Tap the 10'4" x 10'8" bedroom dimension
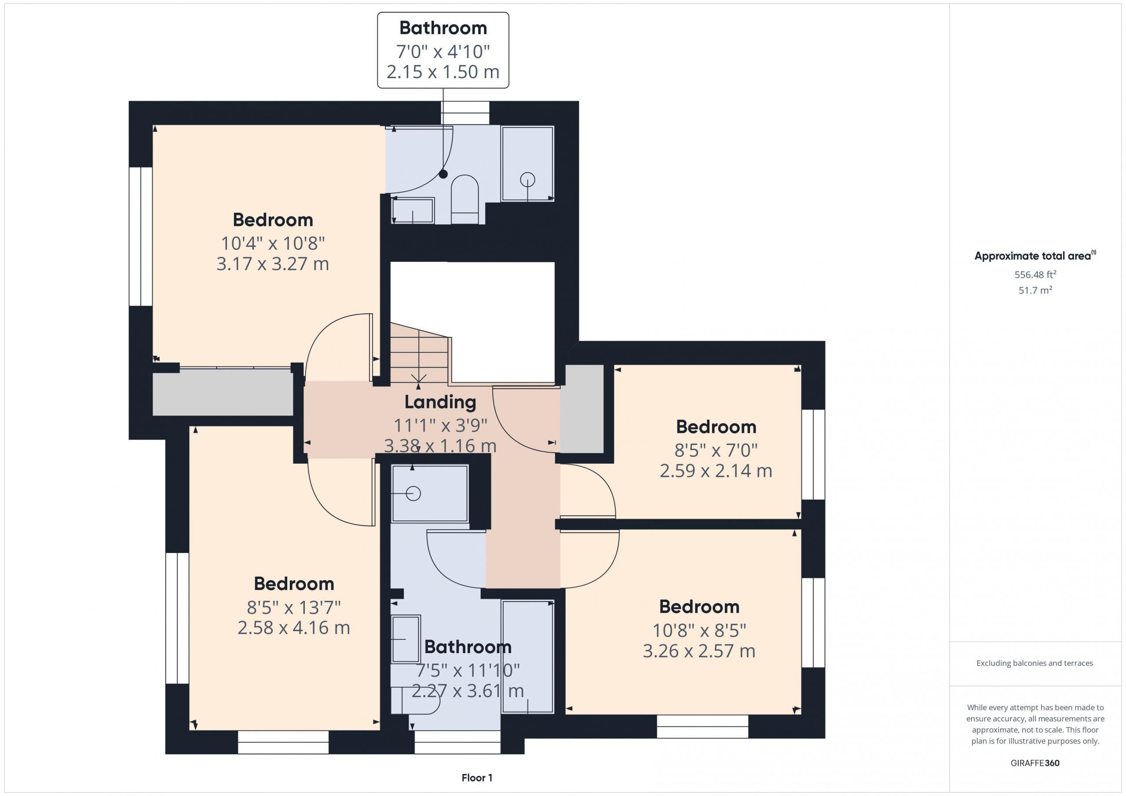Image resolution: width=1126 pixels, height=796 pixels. tap(273, 243)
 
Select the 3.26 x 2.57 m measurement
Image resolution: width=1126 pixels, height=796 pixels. tap(699, 651)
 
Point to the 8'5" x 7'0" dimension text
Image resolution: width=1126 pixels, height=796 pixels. tap(716, 450)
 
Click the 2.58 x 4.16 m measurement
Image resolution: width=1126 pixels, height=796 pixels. tap(294, 628)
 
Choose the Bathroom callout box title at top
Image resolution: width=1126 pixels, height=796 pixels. tap(443, 28)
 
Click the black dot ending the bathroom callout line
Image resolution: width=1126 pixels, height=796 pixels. tap(443, 174)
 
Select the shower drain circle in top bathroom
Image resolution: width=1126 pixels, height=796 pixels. tap(528, 179)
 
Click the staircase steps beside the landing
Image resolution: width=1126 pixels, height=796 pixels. tap(419, 353)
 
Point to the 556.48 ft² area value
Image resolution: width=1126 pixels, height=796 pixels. tap(1035, 274)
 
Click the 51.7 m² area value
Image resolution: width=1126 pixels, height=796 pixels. tap(1035, 290)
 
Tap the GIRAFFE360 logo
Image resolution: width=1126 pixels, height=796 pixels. tap(1035, 763)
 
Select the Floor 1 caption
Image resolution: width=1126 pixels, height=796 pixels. tap(477, 778)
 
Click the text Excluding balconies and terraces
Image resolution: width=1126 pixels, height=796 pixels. tap(1035, 663)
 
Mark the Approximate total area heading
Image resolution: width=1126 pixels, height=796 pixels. tap(1035, 255)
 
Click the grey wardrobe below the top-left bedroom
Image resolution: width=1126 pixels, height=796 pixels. tap(223, 392)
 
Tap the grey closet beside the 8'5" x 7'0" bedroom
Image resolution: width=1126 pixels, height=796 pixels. tap(581, 409)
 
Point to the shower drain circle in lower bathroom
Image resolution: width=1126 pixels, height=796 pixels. tap(413, 493)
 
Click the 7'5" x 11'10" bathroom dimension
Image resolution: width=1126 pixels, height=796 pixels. tap(468, 669)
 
